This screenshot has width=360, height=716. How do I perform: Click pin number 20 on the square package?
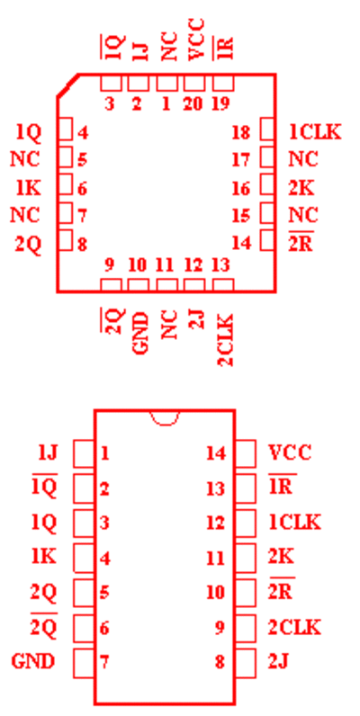(x=193, y=104)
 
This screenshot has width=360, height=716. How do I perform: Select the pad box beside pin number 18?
(x=267, y=129)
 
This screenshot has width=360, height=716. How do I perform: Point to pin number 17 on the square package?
(x=241, y=160)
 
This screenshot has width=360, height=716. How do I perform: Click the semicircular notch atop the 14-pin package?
(x=165, y=417)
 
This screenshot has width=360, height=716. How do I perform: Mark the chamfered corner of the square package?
(x=67, y=85)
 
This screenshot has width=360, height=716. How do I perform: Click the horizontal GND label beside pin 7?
(x=33, y=661)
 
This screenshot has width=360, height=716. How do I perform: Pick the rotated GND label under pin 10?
(x=140, y=334)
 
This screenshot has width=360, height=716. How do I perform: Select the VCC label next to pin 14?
(x=290, y=452)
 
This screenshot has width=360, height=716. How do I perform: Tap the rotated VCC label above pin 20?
(x=196, y=40)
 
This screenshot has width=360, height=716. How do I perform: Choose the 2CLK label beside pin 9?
(x=294, y=627)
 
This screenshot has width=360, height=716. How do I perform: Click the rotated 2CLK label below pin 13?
(x=225, y=340)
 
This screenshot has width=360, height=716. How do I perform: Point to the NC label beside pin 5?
(x=25, y=160)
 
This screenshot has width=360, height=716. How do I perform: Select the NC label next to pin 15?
(x=303, y=215)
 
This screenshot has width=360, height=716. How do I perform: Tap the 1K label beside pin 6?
(x=28, y=188)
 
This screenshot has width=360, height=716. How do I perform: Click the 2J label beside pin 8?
(x=278, y=661)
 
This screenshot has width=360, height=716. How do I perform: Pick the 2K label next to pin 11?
(x=281, y=557)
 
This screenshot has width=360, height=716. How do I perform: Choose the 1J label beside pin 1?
(x=48, y=452)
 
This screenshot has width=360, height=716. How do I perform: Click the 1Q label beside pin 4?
(x=28, y=132)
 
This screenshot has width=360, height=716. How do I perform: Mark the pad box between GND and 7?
(x=84, y=664)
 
